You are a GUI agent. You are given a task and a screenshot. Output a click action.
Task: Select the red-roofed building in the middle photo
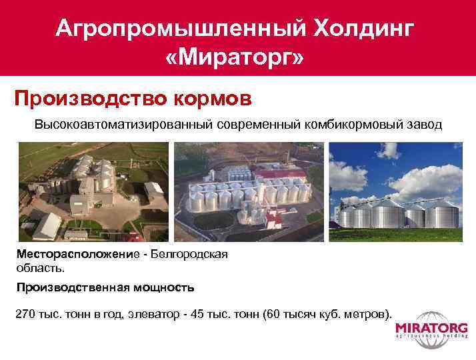281,176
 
